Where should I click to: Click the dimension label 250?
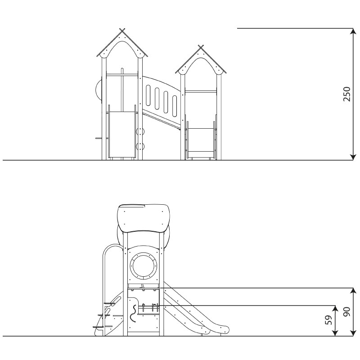[x=346, y=94]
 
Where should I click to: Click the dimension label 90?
[x=346, y=311]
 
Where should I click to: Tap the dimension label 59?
[x=329, y=320]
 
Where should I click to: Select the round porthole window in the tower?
[x=143, y=266]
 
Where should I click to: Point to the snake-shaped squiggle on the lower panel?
[x=133, y=313]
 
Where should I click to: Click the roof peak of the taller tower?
[x=122, y=31]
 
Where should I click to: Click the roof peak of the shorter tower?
[x=201, y=47]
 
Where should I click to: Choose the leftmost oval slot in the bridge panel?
[x=148, y=95]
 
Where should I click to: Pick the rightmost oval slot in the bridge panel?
[x=175, y=106]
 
